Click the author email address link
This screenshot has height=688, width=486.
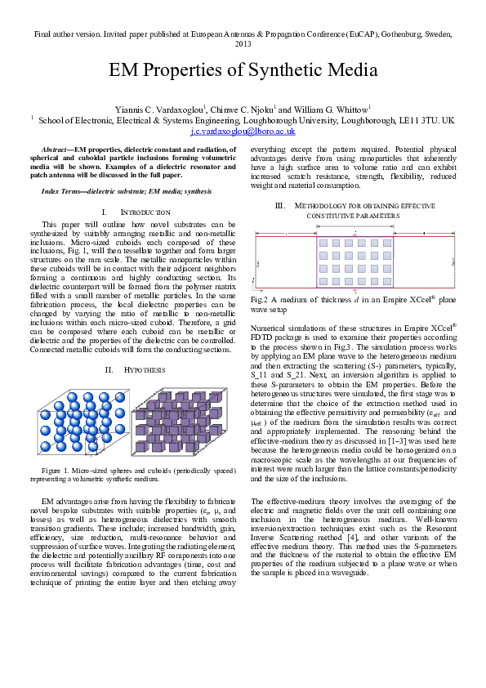[x=242, y=130]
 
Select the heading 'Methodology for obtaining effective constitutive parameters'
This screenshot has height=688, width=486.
[x=354, y=208]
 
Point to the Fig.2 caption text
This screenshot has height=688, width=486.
[x=352, y=304]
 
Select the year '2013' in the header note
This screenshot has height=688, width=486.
[x=243, y=43]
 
